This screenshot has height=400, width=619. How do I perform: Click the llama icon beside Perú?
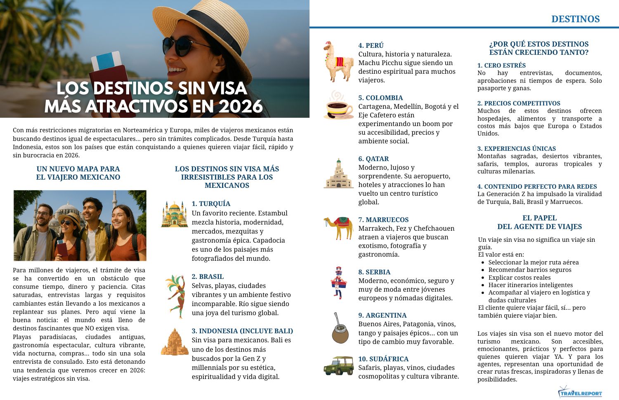coord(338,61)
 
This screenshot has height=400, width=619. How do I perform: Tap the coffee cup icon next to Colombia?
coord(338,106)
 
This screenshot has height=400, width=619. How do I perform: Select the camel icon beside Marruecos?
coord(338,228)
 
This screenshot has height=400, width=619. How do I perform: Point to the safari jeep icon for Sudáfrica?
coord(338,366)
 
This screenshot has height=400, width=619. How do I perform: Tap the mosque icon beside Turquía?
coord(175,214)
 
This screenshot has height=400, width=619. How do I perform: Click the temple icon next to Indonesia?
coord(175,342)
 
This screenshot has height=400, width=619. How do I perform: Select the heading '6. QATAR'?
coord(373,159)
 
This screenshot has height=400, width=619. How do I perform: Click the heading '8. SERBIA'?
coord(374,272)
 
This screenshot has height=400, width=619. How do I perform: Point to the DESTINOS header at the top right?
coord(575,19)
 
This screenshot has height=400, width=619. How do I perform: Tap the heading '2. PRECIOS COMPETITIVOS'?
coord(519,103)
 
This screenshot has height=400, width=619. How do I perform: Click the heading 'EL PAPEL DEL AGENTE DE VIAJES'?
coord(539,222)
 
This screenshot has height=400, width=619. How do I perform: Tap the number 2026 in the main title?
coord(241,107)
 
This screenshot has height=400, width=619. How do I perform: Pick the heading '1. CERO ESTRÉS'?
coord(501,65)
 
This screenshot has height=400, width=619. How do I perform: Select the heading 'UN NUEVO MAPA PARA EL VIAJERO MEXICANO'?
coord(78,173)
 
